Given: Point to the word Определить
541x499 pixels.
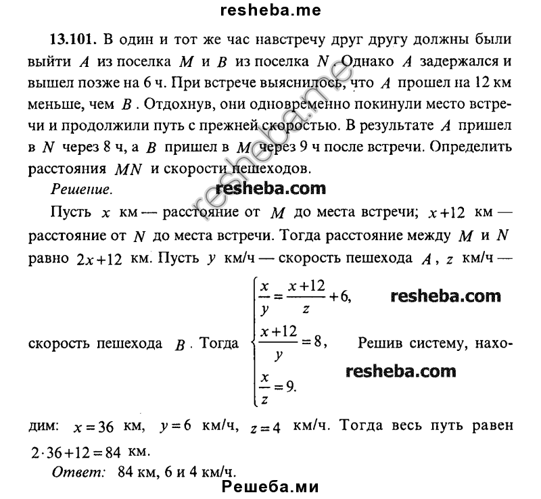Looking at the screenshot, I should click(466, 146).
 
